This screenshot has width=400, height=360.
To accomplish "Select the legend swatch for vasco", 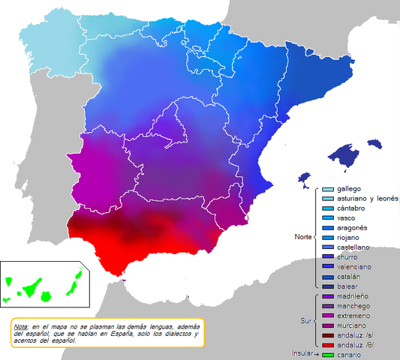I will pos(328,217).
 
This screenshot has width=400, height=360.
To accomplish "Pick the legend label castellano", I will pos(353,247).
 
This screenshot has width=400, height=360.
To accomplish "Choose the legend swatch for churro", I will pos(328,256).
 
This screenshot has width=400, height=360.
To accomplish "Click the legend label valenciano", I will pos(354,266).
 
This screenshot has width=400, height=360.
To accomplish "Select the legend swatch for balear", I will pos(328,286).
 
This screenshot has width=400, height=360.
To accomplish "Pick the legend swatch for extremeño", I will pos(328,316).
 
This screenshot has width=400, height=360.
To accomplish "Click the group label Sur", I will pos(305,320).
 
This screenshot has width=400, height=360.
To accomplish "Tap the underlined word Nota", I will pos(21,327).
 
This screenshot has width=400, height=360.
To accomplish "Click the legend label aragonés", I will pos(353,227).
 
